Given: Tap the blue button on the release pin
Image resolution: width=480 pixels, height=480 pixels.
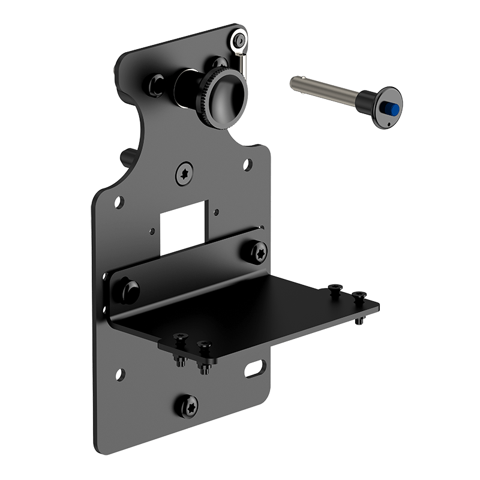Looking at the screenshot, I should coord(391,109).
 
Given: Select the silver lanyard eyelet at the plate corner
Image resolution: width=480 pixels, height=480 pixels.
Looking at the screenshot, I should coord(238,39).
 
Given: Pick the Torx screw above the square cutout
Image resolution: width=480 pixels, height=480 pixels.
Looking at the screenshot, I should coord(184,175).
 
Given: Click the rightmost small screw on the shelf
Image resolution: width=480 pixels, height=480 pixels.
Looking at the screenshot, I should coord(359,296).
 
